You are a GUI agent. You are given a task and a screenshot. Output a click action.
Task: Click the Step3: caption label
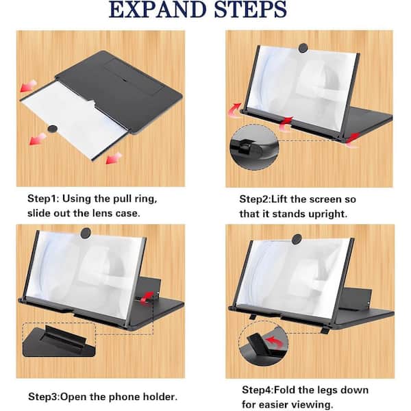(47, 396)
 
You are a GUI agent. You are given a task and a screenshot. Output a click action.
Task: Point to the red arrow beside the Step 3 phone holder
(145, 296)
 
